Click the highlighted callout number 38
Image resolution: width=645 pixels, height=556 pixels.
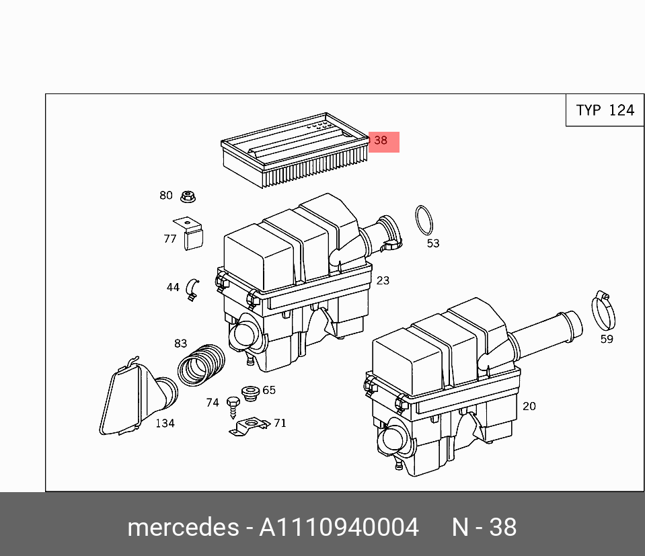coord(381,141)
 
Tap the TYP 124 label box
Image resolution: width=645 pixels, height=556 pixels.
coord(605,110)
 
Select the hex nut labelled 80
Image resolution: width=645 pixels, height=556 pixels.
coord(188,196)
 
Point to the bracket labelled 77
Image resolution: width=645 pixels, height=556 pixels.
coord(190,233)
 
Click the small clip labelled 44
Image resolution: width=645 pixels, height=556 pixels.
coord(192,290)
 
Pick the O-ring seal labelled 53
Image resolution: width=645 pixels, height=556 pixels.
coord(424,220)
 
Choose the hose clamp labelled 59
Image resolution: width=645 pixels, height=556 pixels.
coord(603,311)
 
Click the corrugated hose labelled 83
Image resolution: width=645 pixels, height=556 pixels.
coord(201,365)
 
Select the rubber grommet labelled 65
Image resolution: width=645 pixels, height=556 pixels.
coord(250,393)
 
